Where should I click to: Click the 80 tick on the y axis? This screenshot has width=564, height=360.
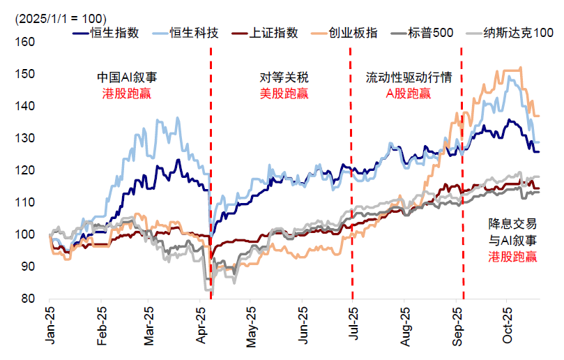pyautogui.click(x=28, y=299)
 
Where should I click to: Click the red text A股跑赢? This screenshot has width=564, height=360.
pyautogui.click(x=409, y=93)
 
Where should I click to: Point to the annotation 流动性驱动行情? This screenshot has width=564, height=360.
pyautogui.click(x=409, y=77)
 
